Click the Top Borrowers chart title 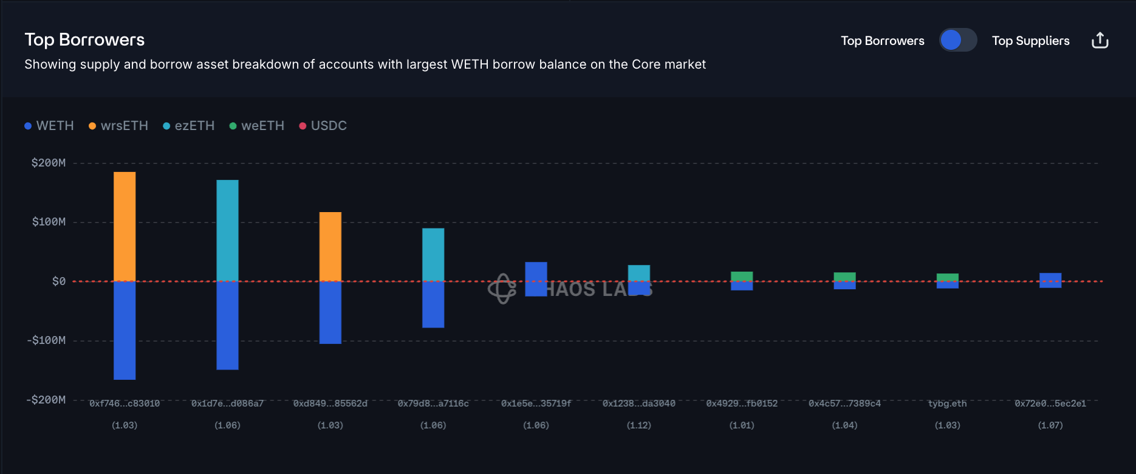84,40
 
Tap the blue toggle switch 957,40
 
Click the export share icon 1100,40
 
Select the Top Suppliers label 1030,41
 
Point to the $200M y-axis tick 49,163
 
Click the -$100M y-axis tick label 46,340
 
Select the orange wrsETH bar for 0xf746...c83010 125,226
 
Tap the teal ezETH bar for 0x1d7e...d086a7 227,230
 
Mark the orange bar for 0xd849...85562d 330,246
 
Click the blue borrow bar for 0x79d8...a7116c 433,304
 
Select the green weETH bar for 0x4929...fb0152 742,276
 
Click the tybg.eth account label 947,404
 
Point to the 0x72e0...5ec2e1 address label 1050,404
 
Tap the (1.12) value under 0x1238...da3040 638,425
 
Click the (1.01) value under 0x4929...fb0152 742,425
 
